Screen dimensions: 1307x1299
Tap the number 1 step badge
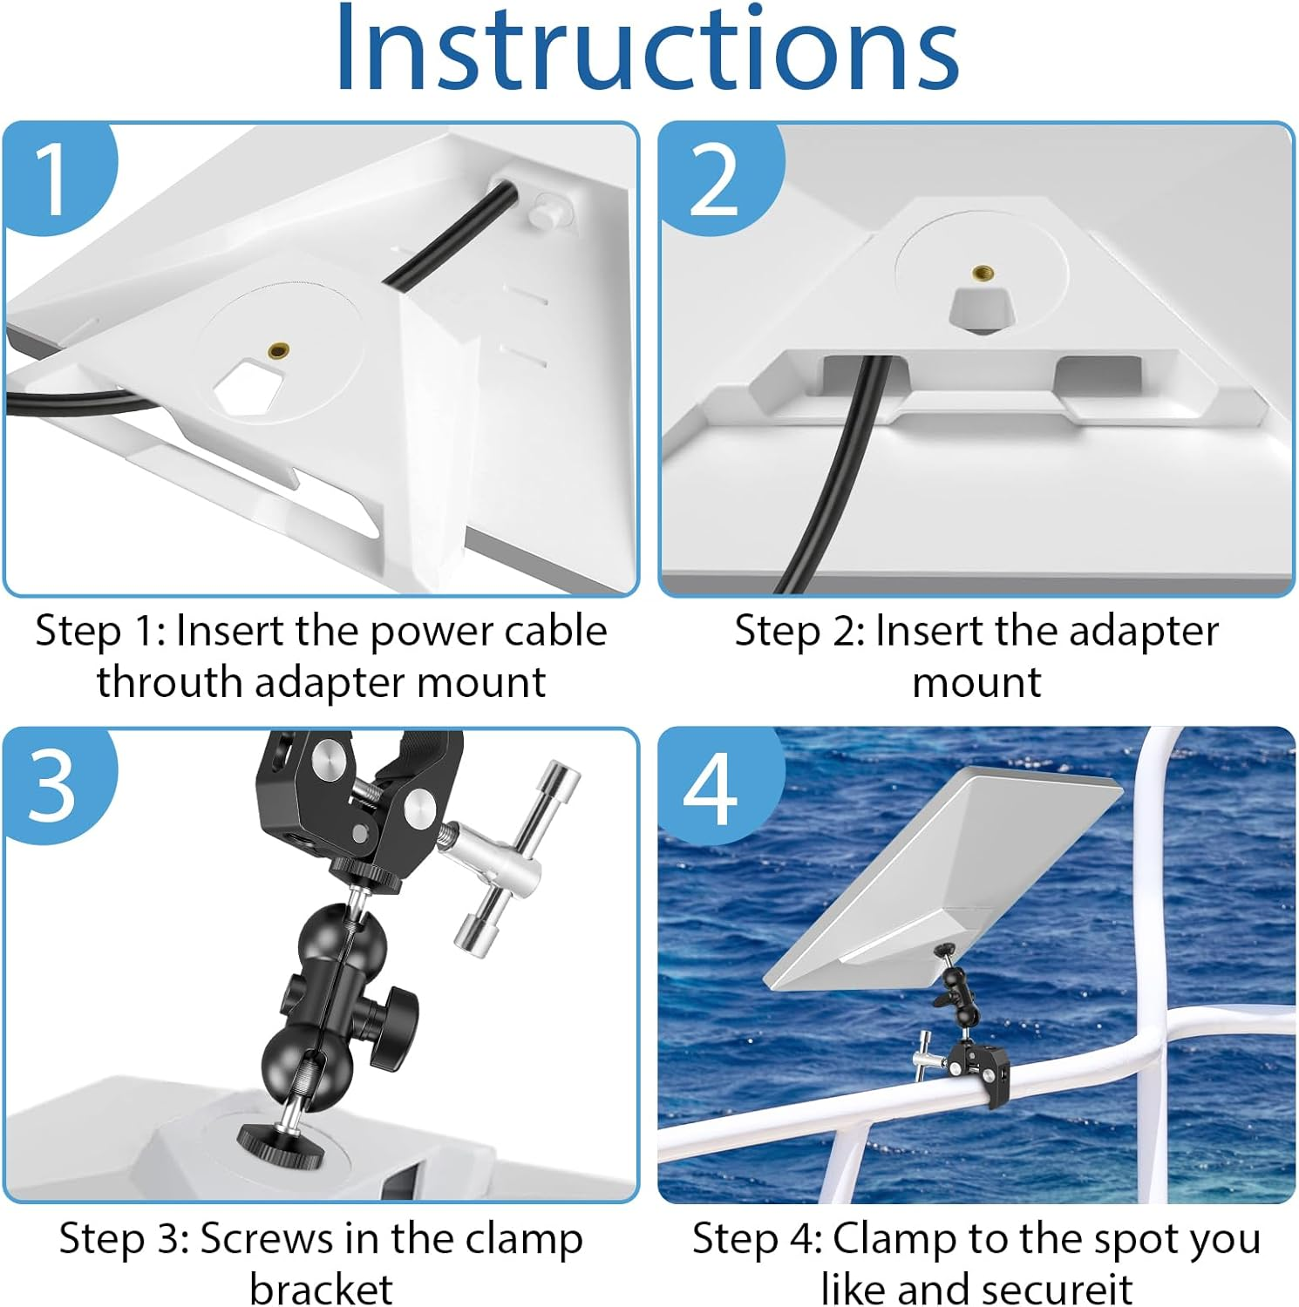[x=54, y=179]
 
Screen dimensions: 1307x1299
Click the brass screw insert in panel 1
[x=279, y=350]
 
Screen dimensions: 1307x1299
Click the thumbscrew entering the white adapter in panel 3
[x=281, y=1141]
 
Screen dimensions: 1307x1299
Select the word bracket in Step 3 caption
[x=321, y=1289]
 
